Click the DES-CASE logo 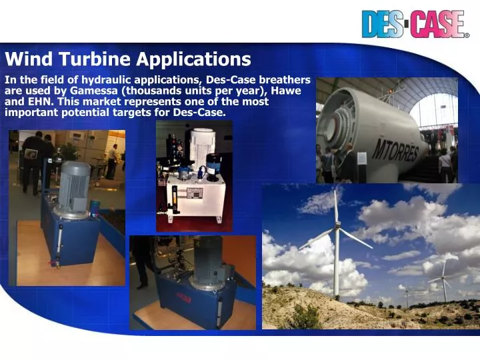(x=414, y=24)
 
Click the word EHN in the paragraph (x=39, y=102)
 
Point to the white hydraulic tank (x=194, y=197)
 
